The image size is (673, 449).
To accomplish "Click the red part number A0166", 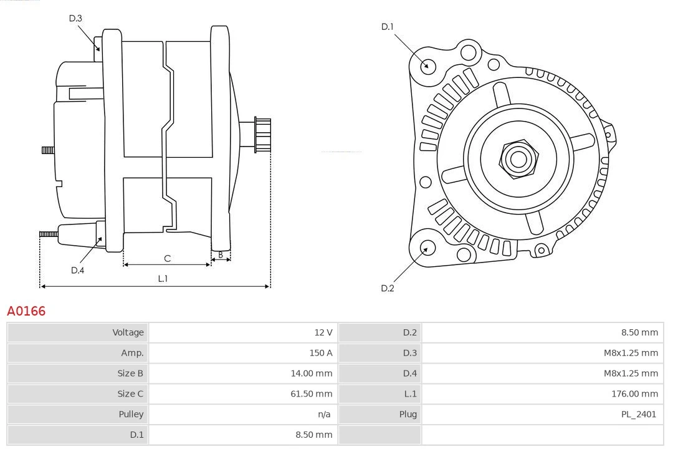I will pos(26,311).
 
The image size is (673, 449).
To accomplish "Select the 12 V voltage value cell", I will pos(323,332).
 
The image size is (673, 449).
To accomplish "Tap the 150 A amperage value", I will pos(321,353).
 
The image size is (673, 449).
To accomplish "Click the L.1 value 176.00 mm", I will pos(634,393).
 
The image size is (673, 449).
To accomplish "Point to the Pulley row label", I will pos(131,414).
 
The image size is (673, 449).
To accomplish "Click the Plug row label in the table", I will pos(408,414).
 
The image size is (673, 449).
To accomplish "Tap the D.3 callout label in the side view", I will pos(75,18).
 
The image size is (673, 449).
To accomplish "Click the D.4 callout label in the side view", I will pos(77,270).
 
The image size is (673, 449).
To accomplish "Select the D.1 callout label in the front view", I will pos(388,26).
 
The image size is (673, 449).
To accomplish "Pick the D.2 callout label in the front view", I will pos(388,288).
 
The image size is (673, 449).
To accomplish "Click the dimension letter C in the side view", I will pos(167,258).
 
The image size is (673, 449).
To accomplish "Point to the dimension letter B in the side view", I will pos(220,254).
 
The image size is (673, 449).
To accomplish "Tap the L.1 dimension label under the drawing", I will pos(163,279).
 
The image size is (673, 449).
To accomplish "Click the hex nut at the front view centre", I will pos(518,159).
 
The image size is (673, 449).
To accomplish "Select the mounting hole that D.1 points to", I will pos(427,65).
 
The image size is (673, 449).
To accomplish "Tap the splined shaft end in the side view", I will pos(262,135).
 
